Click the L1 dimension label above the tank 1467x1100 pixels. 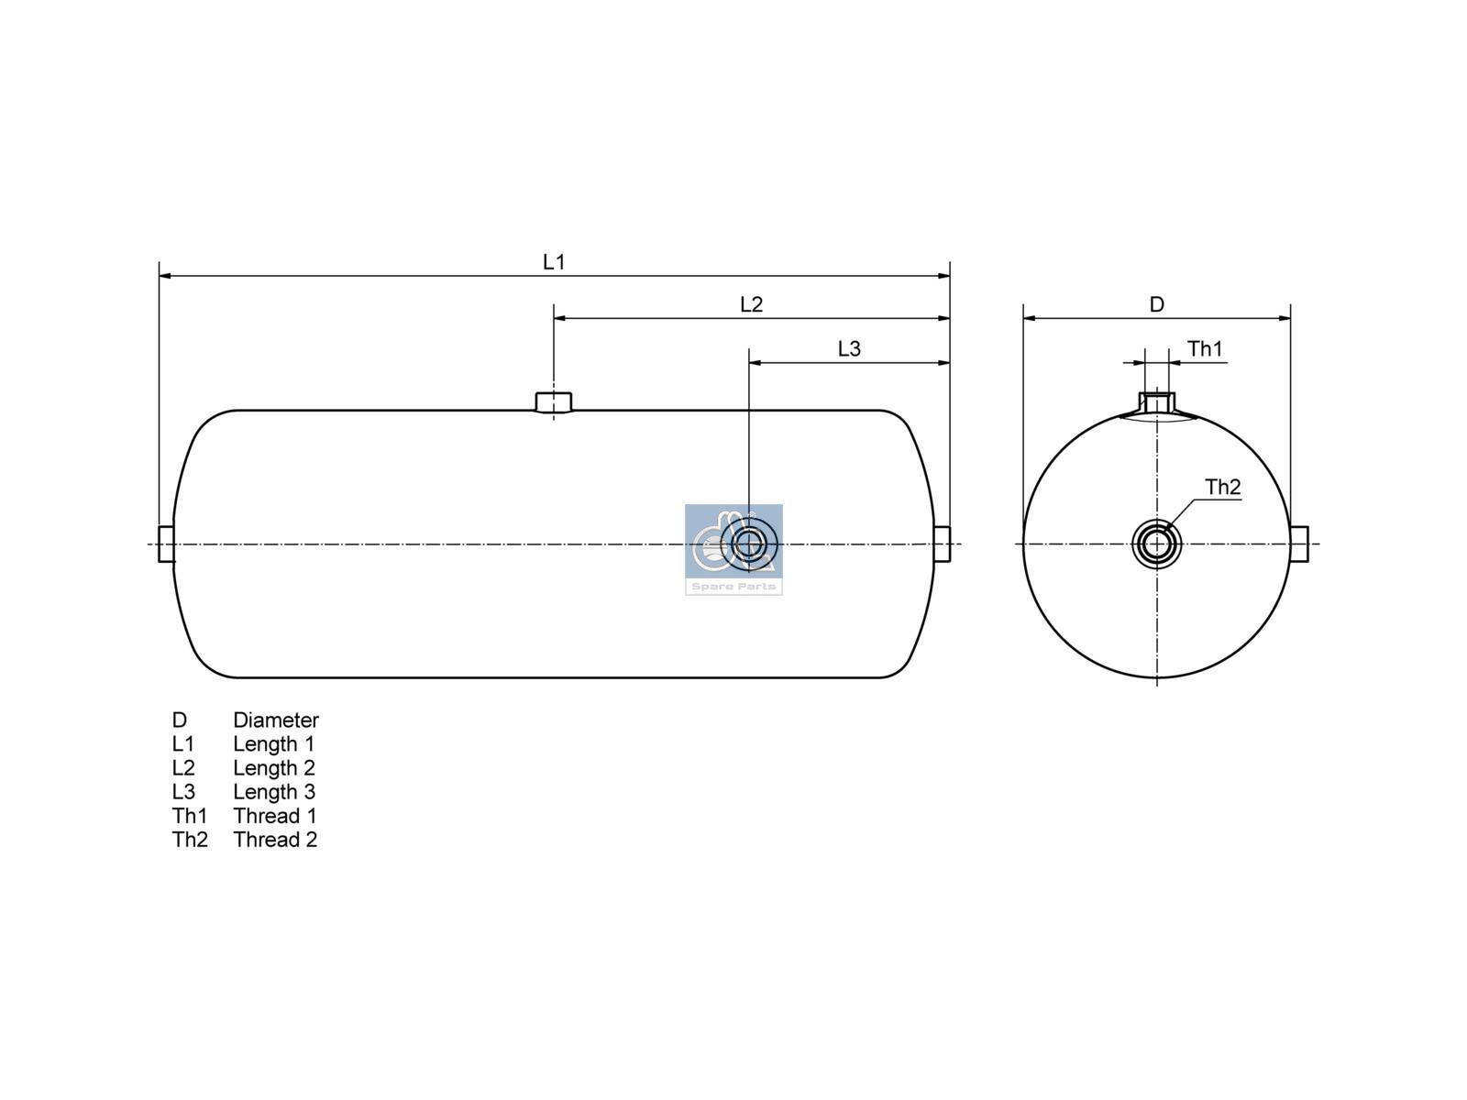pos(554,262)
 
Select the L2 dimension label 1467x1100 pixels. pos(751,304)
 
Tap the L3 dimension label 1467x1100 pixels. pos(849,349)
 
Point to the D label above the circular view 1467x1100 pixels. pos(1157,304)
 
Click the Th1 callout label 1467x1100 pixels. pos(1205,349)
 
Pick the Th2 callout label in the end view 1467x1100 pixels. pos(1222,488)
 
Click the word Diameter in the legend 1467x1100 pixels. pos(275,720)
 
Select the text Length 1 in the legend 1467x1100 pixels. pos(273,744)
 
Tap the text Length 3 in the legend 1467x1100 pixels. pos(273,792)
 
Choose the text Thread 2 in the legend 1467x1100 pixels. pos(275,840)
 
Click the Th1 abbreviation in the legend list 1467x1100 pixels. pos(190,816)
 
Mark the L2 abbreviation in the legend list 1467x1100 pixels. pos(183,768)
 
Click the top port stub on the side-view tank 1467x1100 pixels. pos(553,401)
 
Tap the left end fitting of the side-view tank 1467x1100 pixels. pos(166,544)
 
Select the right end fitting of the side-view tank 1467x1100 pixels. pos(942,544)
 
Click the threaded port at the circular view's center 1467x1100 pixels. pos(1156,544)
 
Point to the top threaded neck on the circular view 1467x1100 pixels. pos(1157,402)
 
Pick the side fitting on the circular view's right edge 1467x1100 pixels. pos(1299,544)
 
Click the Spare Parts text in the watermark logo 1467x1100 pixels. pos(733,587)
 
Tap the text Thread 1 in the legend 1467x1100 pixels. pos(275,816)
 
